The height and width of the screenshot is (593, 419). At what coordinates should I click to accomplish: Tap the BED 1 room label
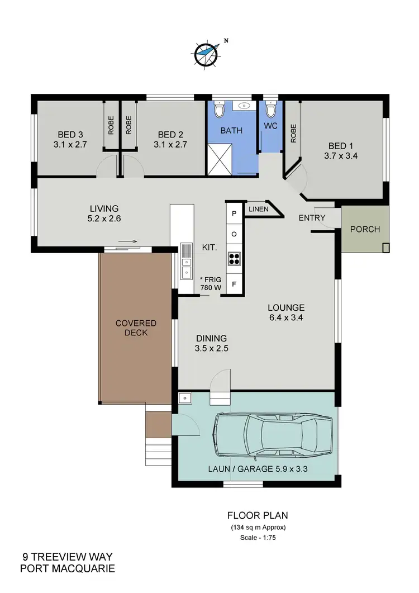pos(340,147)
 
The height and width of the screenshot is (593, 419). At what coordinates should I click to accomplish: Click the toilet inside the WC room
pos(270,108)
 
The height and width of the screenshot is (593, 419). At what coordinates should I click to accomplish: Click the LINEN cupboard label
pos(257,209)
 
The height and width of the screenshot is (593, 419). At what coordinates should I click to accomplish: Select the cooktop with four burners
pos(234,258)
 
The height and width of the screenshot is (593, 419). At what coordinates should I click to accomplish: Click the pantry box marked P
pos(234,213)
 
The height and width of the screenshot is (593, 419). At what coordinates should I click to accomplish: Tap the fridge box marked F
pos(234,284)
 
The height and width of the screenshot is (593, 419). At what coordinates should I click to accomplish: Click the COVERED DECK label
pos(136,328)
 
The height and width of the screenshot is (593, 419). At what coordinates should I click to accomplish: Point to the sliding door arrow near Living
pos(127,242)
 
